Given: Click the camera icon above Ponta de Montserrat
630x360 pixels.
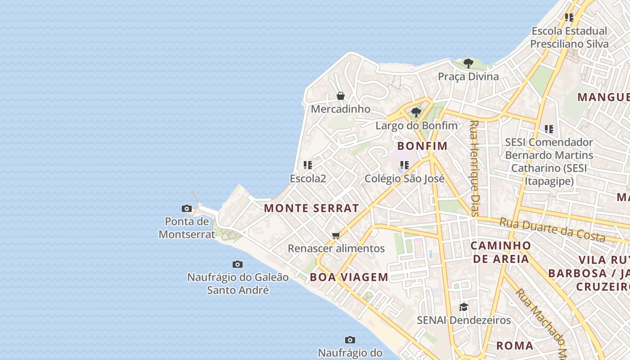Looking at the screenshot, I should pos(186,208).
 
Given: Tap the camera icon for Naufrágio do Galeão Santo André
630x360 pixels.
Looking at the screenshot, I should pos(238,264).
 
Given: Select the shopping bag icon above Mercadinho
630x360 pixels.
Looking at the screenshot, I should pos(341,96).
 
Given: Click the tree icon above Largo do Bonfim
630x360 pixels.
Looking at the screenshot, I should pos(416,112).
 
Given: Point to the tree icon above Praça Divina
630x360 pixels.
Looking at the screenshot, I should pos(468,63).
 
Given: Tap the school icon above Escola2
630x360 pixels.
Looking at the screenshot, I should pos(308,165).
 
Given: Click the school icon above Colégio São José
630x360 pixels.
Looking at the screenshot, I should pos(404,165).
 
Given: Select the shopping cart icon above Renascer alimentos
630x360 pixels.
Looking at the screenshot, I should pos(336,235).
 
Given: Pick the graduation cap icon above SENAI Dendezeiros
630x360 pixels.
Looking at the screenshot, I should pos(463,307).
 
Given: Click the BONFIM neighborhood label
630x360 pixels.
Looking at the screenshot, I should pos(423,146).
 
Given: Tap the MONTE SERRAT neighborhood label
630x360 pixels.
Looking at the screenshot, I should pos(311,208).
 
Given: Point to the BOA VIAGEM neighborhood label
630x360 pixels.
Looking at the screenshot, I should pos(349,277).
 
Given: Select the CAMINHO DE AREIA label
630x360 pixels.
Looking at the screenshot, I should pos(500,252).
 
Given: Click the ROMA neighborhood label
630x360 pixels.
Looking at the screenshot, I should pos(515,346).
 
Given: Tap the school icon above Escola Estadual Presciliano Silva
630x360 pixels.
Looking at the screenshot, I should pos(569,18).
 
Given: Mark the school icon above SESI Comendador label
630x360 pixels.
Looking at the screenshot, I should pos(549,129).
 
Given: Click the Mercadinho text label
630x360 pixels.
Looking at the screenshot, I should pos(341,109).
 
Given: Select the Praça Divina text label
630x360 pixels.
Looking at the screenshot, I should pos(468,76).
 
